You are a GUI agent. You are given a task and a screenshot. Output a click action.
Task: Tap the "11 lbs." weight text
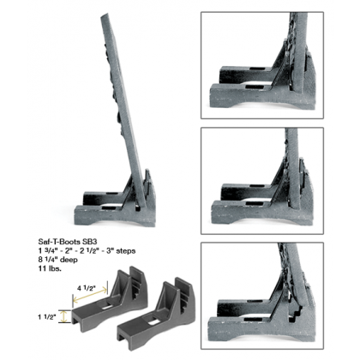pyautogui.click(x=50, y=269)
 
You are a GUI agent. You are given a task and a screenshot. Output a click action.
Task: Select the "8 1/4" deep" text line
pyautogui.click(x=58, y=260)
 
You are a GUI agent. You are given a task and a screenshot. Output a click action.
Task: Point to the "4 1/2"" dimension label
pyautogui.click(x=87, y=288)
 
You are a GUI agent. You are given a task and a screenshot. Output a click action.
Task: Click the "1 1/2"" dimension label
pyautogui.click(x=47, y=317)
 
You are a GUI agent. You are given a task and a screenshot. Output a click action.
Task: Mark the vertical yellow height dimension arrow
pyautogui.click(x=64, y=316)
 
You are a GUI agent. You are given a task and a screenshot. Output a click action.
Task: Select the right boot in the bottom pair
pyautogui.click(x=156, y=311)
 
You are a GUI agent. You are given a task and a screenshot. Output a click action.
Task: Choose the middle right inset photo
pyautogui.click(x=262, y=181)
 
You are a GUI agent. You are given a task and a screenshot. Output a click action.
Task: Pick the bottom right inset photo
pyautogui.click(x=262, y=296)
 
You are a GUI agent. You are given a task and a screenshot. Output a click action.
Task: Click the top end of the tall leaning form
pyautogui.click(x=105, y=15)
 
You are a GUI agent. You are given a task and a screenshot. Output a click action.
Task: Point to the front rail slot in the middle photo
pyautogui.click(x=255, y=203)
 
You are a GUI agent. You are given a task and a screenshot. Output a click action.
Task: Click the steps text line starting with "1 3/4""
pyautogui.click(x=87, y=250)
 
